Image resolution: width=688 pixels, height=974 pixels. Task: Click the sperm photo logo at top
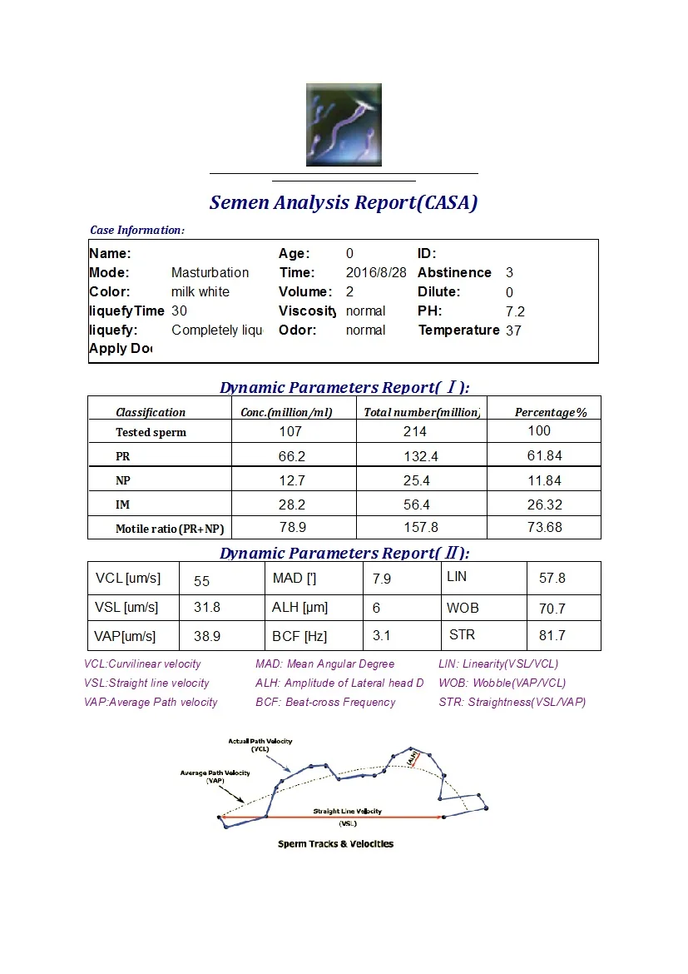tap(344, 125)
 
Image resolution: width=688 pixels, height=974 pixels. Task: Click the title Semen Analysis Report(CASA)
tap(344, 202)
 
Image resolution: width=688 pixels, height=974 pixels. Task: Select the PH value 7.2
tap(515, 311)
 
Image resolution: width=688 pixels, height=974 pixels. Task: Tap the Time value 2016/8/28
tap(376, 272)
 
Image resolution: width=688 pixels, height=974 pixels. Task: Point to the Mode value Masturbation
tap(210, 272)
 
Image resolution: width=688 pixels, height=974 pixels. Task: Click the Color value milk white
tap(200, 291)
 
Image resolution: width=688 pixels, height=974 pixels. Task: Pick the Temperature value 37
tap(513, 330)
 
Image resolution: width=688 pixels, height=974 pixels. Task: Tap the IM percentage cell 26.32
tap(544, 504)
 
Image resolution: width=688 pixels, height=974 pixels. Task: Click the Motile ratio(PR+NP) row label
tap(170, 529)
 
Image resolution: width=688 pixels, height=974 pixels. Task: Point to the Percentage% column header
tap(551, 412)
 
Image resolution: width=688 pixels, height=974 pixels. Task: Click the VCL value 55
tap(201, 581)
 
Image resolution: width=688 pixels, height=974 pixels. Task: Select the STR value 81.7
tap(552, 635)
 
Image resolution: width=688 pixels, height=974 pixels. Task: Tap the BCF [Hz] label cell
tap(299, 636)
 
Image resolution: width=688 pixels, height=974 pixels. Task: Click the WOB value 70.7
tap(552, 609)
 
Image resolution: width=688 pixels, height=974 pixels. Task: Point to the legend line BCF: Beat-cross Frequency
tap(325, 702)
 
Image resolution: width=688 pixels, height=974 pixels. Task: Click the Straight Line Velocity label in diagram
tap(348, 811)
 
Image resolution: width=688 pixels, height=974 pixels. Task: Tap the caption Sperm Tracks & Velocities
tap(335, 843)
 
